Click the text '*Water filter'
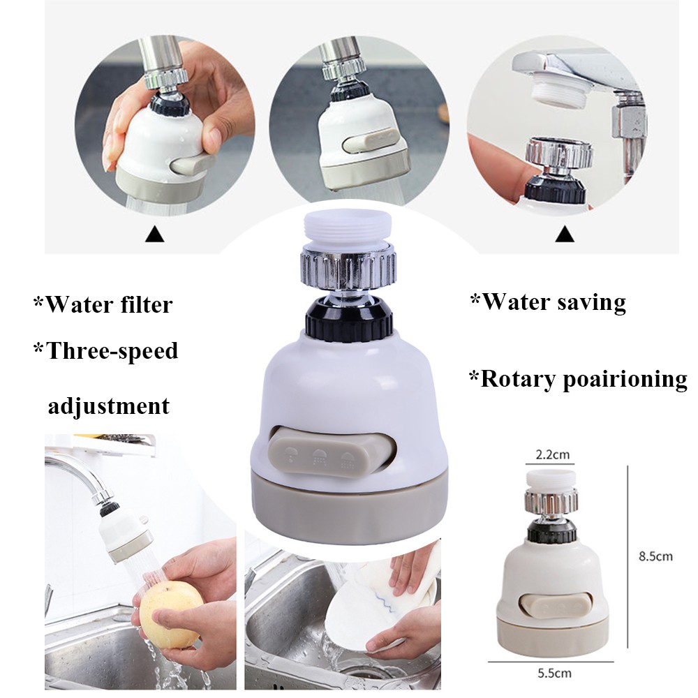click(103, 304)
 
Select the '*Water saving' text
click(547, 302)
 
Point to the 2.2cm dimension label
click(551, 454)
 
